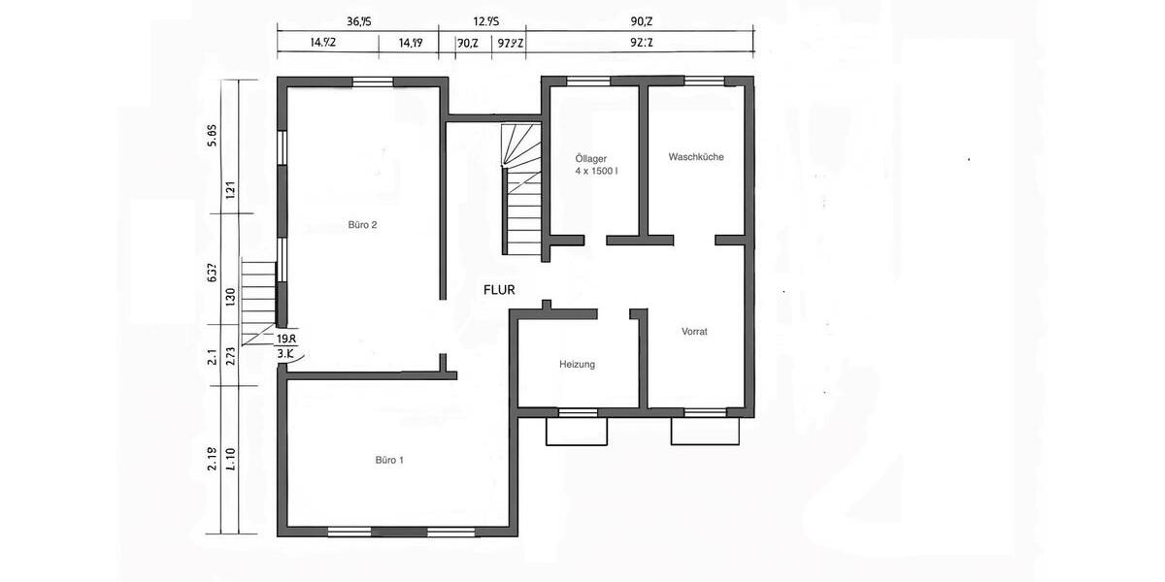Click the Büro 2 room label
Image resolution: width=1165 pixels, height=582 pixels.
362,225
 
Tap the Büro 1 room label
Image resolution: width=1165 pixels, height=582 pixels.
389,460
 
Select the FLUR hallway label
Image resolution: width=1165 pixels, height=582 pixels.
499,289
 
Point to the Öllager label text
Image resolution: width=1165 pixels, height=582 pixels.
591,157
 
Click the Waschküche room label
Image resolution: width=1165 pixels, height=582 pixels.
696,157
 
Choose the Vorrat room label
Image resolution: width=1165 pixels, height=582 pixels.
694,332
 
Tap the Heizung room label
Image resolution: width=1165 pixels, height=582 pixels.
577,365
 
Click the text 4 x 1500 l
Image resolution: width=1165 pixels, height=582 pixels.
596,171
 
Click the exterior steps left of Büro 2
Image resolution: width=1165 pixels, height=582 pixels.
258,301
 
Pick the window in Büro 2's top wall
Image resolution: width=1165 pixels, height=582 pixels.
372,82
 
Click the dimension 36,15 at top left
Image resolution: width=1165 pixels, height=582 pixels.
359,19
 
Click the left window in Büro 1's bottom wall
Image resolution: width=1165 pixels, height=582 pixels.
349,532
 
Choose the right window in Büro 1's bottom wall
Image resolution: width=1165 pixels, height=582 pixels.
450,532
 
